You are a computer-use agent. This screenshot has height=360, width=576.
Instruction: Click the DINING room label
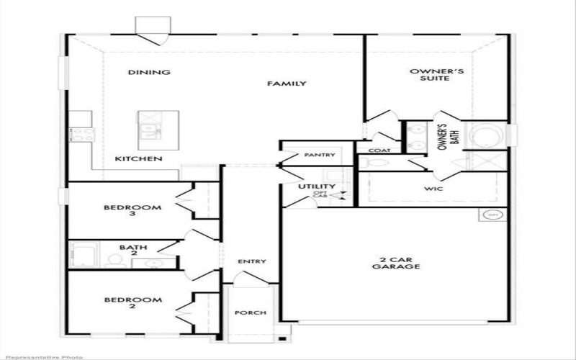tap(149, 72)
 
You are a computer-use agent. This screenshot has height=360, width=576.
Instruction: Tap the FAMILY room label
tap(287, 84)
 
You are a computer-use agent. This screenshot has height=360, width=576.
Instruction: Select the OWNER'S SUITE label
tap(430, 75)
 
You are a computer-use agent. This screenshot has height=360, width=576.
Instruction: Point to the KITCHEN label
tap(139, 158)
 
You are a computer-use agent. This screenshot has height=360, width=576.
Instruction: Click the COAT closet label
tap(379, 150)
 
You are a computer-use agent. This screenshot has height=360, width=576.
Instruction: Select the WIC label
tap(433, 189)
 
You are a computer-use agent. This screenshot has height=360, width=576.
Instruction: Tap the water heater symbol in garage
tap(492, 215)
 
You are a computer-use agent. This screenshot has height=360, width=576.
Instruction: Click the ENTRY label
tap(252, 261)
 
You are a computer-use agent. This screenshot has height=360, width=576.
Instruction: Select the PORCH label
tap(251, 313)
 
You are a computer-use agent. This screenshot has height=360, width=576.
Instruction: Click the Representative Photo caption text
tap(42, 356)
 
